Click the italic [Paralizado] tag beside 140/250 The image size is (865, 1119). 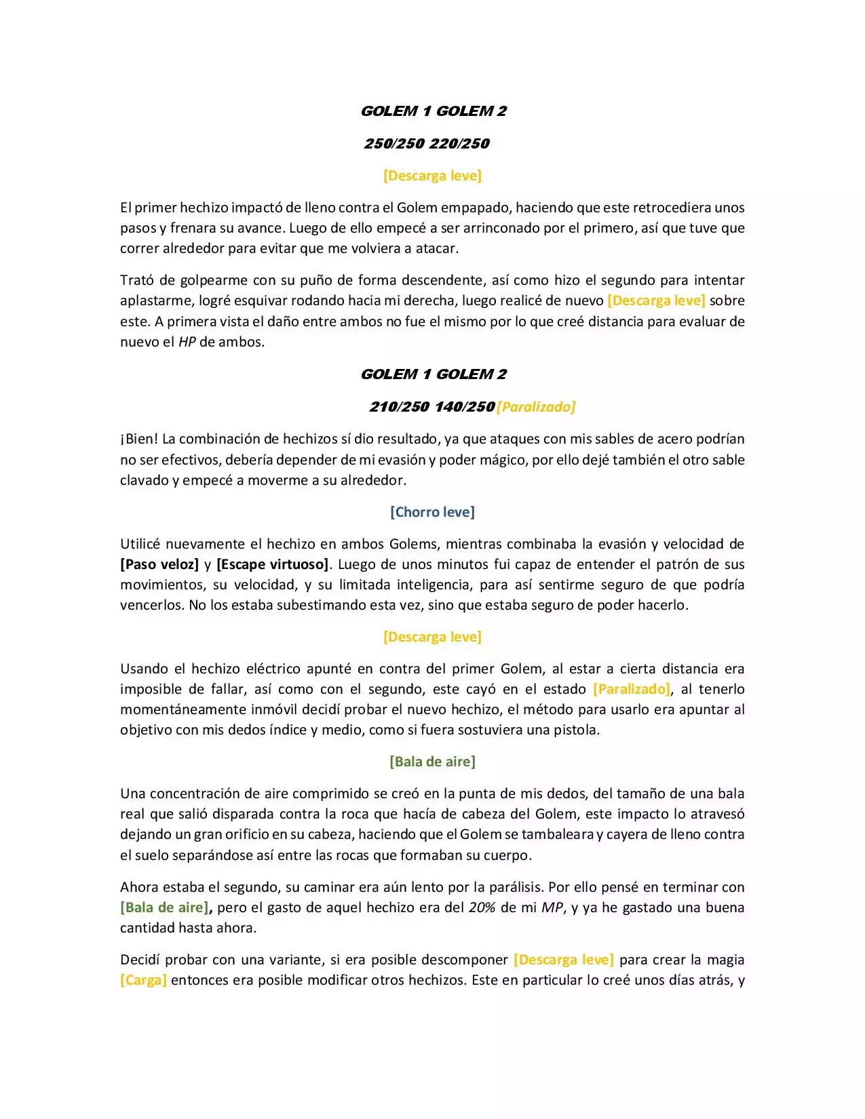coord(536,407)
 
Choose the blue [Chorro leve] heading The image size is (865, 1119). coord(432,512)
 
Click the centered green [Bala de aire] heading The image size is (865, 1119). coord(432,762)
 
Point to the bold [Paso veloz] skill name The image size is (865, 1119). coord(159,564)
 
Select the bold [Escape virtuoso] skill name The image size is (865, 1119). coord(272,564)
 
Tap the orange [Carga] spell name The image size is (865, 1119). coord(143,980)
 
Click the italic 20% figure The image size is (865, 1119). coord(482,907)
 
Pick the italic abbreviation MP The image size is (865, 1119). coord(552,907)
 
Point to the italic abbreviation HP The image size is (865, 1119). coord(187,342)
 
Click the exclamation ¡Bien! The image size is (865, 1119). coord(139,439)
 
